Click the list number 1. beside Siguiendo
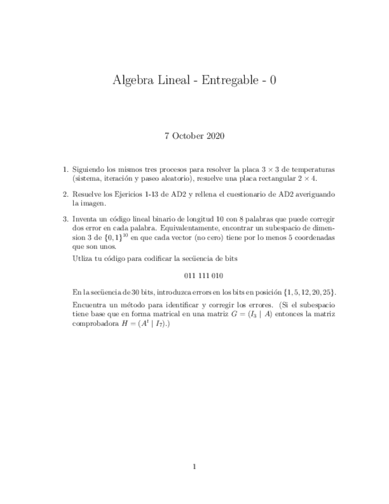pyautogui.click(x=65, y=169)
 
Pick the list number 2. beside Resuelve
pyautogui.click(x=65, y=194)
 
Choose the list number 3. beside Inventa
pyautogui.click(x=65, y=219)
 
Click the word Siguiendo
pyautogui.click(x=89, y=169)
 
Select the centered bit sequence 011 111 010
pyautogui.click(x=194, y=275)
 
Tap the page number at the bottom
pyautogui.click(x=194, y=467)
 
